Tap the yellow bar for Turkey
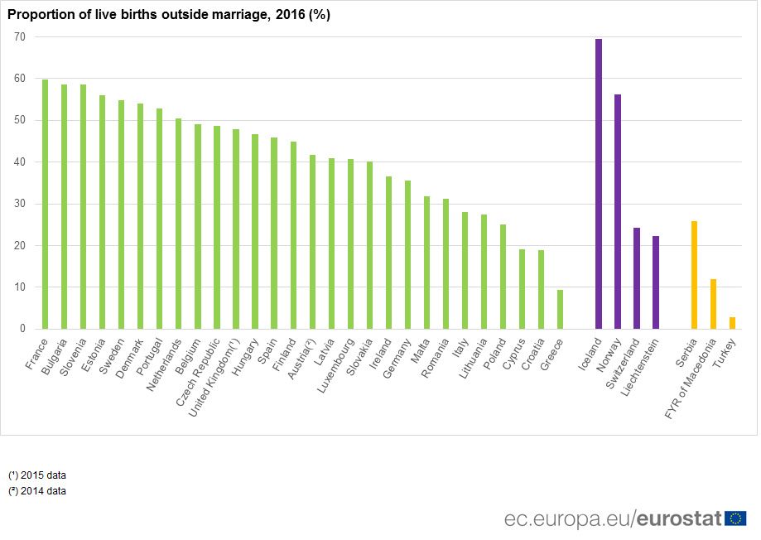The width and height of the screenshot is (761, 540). [x=732, y=323]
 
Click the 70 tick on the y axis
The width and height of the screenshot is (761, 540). [x=19, y=37]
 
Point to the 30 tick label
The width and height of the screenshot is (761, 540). [x=19, y=204]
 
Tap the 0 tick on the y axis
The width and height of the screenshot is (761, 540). [x=22, y=329]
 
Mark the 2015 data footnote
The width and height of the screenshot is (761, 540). [x=37, y=475]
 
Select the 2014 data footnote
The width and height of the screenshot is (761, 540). [x=37, y=490]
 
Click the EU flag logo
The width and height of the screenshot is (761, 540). [x=735, y=518]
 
